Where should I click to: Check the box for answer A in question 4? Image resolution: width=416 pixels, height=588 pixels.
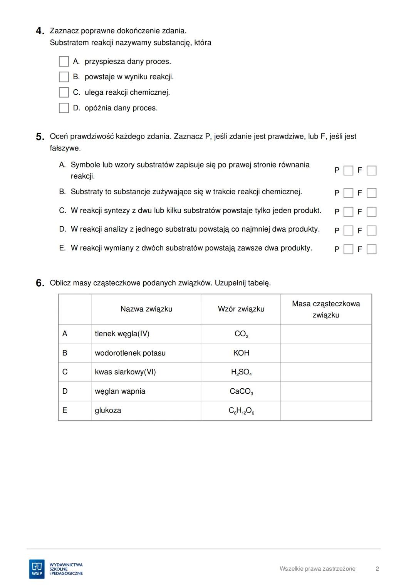coord(64,62)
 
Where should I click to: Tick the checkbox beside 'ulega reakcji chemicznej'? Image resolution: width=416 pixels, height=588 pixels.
coord(64,92)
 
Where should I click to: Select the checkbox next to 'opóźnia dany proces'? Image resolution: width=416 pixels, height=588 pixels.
coord(64,108)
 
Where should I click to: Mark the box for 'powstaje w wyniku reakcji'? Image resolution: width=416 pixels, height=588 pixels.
coord(64,77)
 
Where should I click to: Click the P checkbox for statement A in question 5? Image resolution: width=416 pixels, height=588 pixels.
coord(348,170)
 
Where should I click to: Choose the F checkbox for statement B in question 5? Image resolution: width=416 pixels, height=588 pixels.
coord(371,193)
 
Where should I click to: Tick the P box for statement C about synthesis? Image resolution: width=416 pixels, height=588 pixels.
coord(348,212)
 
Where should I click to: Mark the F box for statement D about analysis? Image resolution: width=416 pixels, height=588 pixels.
coord(371,231)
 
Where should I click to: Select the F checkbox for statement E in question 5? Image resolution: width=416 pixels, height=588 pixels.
coord(371,249)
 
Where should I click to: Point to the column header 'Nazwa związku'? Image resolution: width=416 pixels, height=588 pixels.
coord(146,309)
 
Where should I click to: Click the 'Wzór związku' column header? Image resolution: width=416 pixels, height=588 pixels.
coord(241,309)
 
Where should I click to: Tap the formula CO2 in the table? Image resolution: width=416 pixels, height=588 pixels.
coord(241,334)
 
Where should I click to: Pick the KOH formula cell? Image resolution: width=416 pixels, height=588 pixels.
coord(241,353)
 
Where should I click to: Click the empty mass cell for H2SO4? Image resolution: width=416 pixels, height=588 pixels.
coord(326,372)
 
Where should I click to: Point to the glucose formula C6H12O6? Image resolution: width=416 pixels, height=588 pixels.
coord(241,411)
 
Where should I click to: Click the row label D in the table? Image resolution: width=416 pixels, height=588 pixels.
coord(65,391)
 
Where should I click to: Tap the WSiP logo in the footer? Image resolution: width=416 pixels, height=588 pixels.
coord(37,569)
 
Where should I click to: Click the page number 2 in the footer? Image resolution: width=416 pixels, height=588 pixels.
coord(377,569)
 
